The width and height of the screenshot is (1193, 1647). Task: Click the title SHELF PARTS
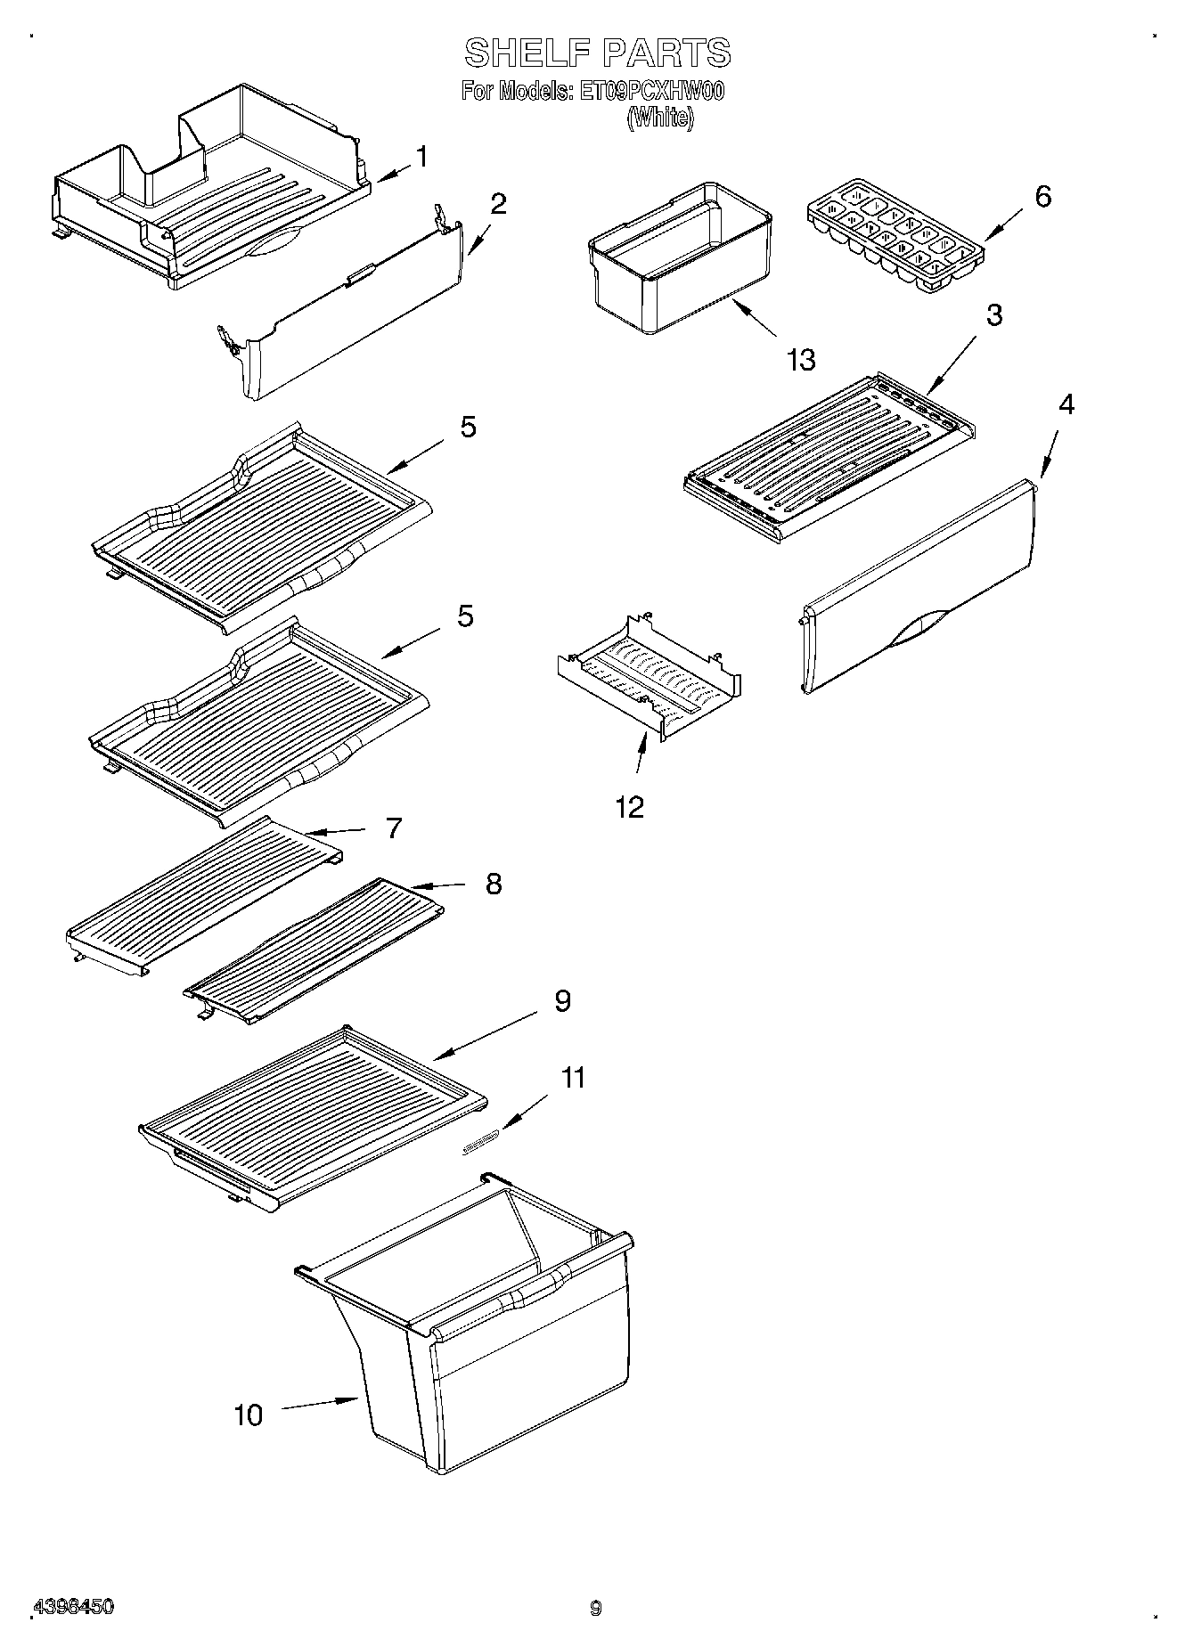point(597,53)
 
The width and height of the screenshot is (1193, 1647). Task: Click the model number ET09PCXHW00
point(652,92)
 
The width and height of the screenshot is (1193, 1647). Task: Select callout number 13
point(800,361)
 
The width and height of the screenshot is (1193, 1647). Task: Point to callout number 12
point(629,807)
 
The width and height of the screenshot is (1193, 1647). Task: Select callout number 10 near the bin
point(249,1415)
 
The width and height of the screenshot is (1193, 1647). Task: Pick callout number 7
point(393,828)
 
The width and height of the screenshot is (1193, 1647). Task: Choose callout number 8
point(493,884)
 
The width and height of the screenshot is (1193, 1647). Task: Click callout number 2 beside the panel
point(498,204)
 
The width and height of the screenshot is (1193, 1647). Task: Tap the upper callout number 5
point(468,427)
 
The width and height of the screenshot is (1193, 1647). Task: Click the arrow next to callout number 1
point(391,173)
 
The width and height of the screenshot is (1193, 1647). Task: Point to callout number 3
point(993,314)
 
